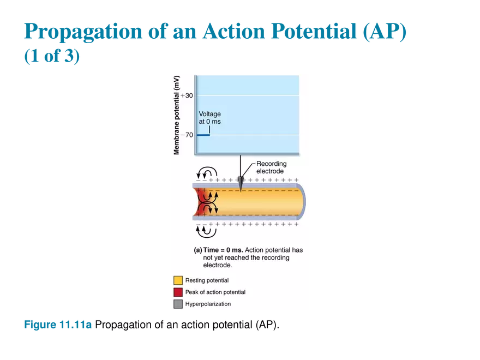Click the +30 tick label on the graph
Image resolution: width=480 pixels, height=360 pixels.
[x=187, y=96]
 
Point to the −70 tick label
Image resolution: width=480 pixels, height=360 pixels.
[x=187, y=135]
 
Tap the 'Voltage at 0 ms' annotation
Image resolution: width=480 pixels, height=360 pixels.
[x=210, y=117]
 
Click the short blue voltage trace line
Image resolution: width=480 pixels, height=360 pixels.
[x=203, y=135]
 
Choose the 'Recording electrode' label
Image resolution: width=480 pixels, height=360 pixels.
[x=271, y=167]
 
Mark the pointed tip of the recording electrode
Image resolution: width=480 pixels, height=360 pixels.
[x=241, y=191]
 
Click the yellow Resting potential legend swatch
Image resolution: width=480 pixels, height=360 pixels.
[x=178, y=280]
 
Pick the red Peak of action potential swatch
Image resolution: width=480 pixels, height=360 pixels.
[x=178, y=292]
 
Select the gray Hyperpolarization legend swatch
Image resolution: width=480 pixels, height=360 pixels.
[x=178, y=304]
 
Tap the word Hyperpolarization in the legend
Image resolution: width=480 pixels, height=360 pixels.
[x=208, y=304]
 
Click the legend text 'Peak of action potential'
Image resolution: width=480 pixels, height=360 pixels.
[x=215, y=292]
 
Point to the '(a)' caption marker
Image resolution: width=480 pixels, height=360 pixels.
[x=198, y=250]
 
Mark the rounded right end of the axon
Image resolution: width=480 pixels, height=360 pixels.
[x=303, y=202]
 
